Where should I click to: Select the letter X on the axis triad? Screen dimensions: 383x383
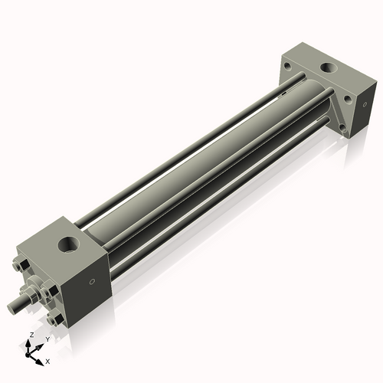point(48,360)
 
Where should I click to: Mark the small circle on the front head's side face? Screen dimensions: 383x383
point(92,282)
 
